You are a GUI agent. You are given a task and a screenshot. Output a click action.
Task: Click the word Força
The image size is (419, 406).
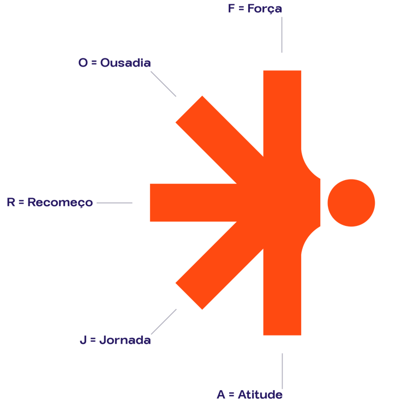click(265, 9)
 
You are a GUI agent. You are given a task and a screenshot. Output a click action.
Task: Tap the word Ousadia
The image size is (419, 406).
click(125, 63)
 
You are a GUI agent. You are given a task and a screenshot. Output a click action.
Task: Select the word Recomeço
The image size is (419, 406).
click(60, 202)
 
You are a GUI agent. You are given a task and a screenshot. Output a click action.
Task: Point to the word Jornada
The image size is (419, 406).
click(125, 340)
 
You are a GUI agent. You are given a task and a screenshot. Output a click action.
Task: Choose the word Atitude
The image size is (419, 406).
click(260, 394)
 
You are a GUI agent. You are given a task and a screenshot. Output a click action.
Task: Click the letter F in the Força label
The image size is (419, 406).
click(231, 9)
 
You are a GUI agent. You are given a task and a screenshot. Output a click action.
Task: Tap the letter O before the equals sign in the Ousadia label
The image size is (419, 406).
click(83, 63)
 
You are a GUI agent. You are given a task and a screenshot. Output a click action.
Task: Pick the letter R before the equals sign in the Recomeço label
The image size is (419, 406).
click(11, 202)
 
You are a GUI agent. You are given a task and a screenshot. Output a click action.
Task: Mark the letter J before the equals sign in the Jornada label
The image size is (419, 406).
click(83, 340)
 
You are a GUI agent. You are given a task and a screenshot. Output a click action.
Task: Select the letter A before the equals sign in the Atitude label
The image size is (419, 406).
click(221, 394)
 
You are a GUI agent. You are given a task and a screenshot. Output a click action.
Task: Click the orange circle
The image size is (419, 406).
click(351, 202)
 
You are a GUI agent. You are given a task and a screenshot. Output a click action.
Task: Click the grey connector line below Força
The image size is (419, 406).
click(282, 34)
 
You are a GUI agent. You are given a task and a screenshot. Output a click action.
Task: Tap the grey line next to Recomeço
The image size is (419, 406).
click(114, 203)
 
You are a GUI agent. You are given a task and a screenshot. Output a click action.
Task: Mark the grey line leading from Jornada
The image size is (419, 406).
click(164, 321)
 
